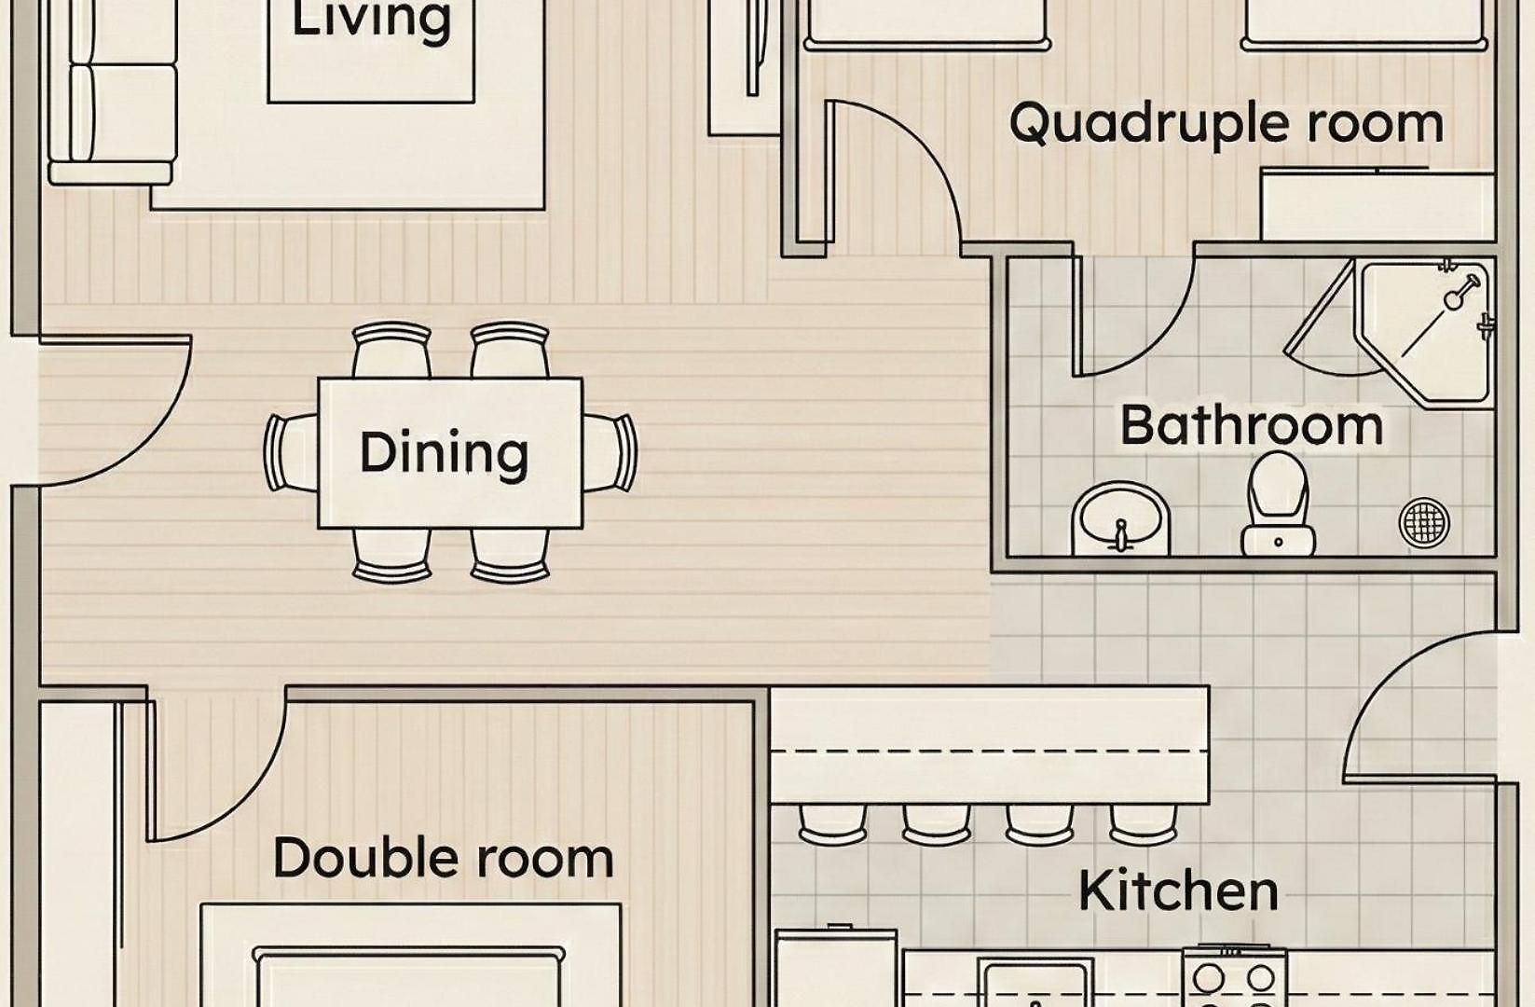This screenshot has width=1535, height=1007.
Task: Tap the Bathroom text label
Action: click(x=1252, y=426)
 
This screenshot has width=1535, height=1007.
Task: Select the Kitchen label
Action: click(x=1179, y=890)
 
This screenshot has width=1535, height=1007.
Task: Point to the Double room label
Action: click(x=444, y=858)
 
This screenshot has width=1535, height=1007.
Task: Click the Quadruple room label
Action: click(x=1227, y=124)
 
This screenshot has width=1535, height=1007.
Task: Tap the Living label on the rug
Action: click(x=372, y=20)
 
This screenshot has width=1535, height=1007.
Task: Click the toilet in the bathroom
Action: click(x=1278, y=504)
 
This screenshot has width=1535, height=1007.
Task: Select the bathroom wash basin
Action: click(x=1120, y=518)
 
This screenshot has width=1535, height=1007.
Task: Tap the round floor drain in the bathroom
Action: click(x=1424, y=523)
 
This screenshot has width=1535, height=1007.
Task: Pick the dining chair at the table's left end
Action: click(x=291, y=452)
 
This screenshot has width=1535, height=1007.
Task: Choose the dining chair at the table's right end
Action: click(x=610, y=452)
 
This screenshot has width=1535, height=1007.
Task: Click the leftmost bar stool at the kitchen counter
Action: click(x=832, y=825)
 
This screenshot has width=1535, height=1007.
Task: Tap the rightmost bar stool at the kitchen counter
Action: click(x=1144, y=825)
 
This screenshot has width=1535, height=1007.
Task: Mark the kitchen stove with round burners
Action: click(x=1235, y=977)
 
